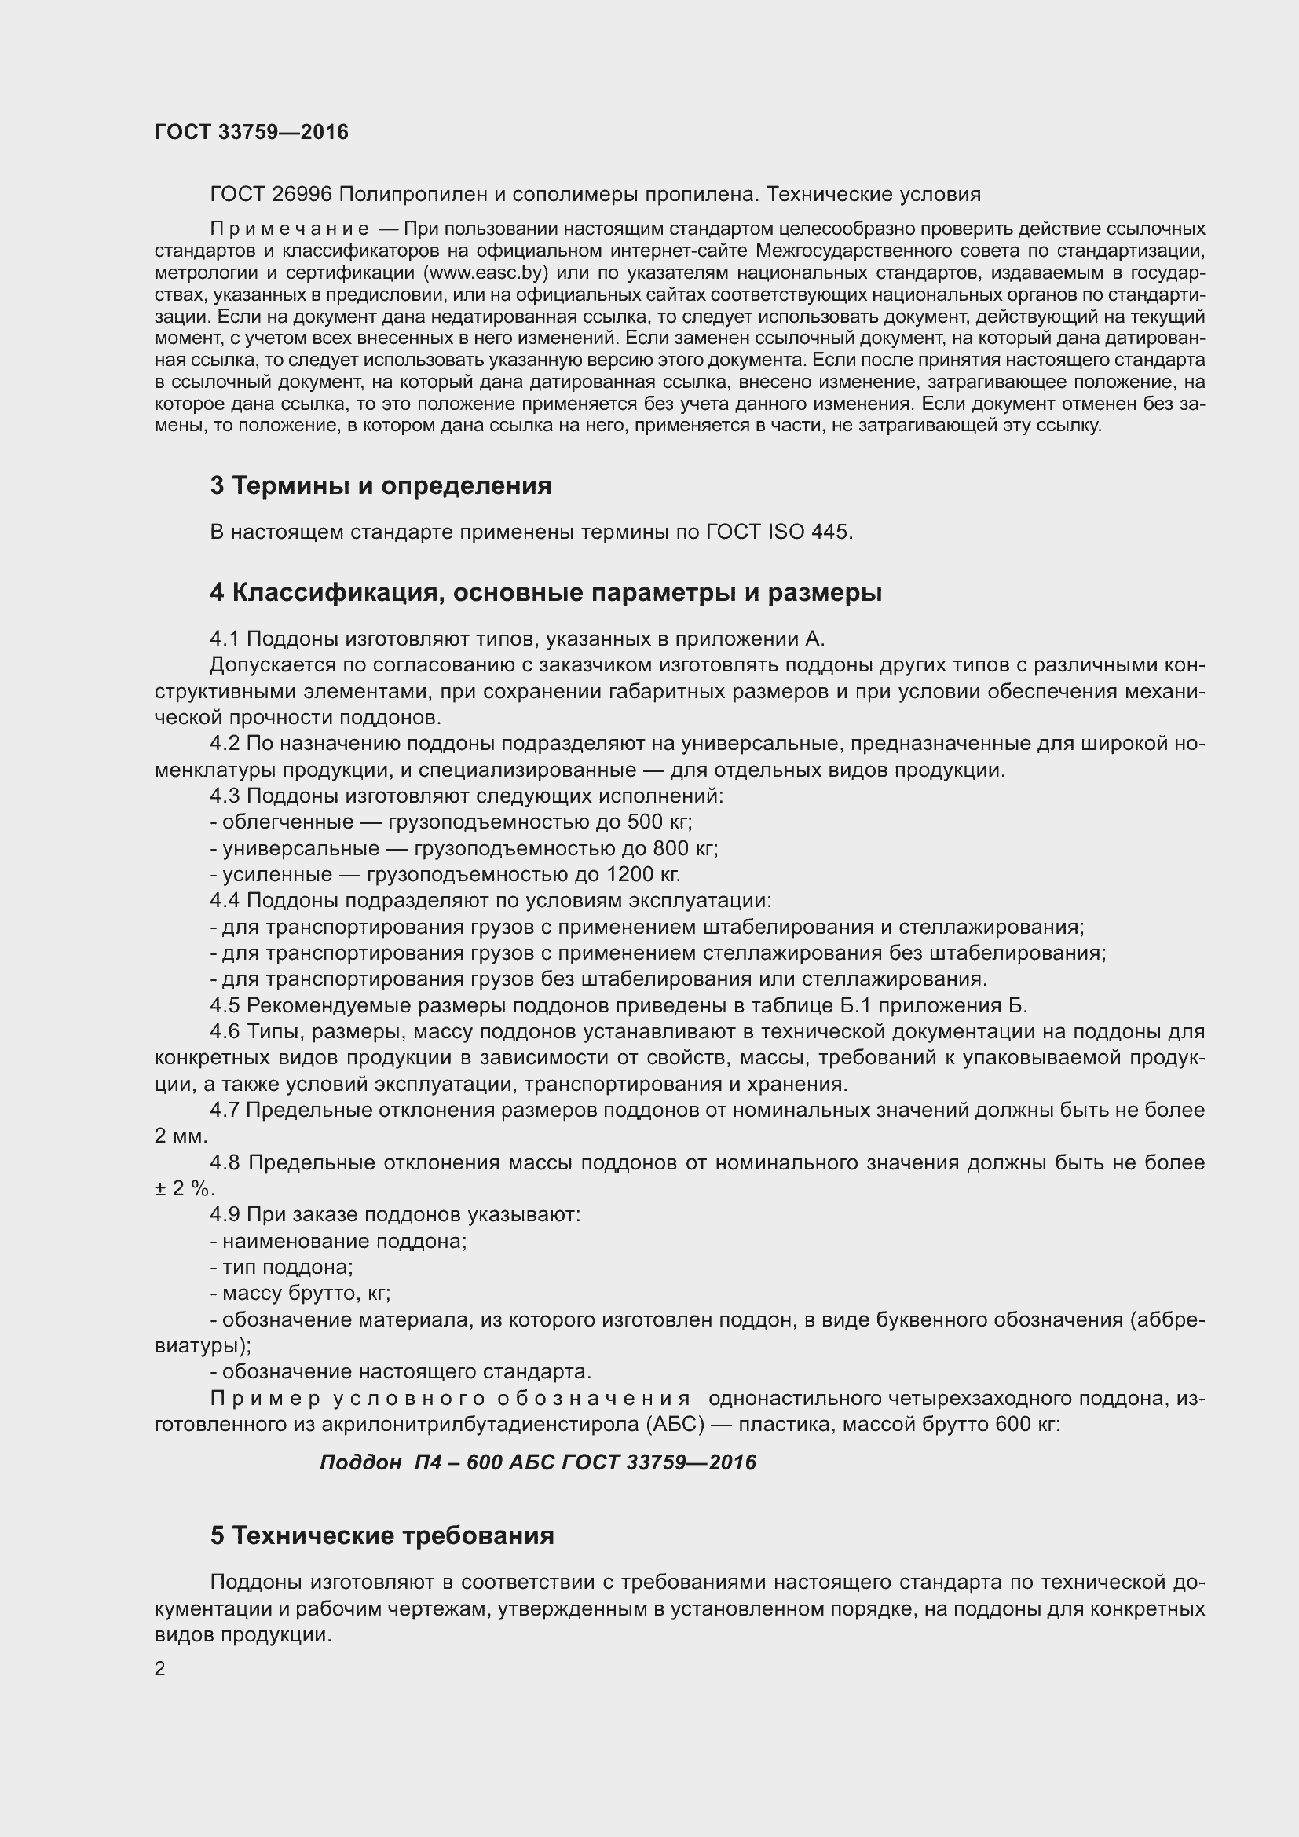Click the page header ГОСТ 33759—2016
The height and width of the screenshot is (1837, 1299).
pyautogui.click(x=251, y=132)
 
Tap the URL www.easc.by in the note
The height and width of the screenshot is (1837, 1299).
pyautogui.click(x=488, y=273)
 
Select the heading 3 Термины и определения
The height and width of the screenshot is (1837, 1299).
pyautogui.click(x=381, y=485)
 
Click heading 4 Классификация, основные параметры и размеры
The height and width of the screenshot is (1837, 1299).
pyautogui.click(x=546, y=593)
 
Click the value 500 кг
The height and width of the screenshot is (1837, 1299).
pyautogui.click(x=659, y=822)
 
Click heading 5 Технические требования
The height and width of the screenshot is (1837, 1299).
pyautogui.click(x=382, y=1557)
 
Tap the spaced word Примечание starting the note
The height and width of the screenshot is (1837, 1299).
pyautogui.click(x=290, y=229)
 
